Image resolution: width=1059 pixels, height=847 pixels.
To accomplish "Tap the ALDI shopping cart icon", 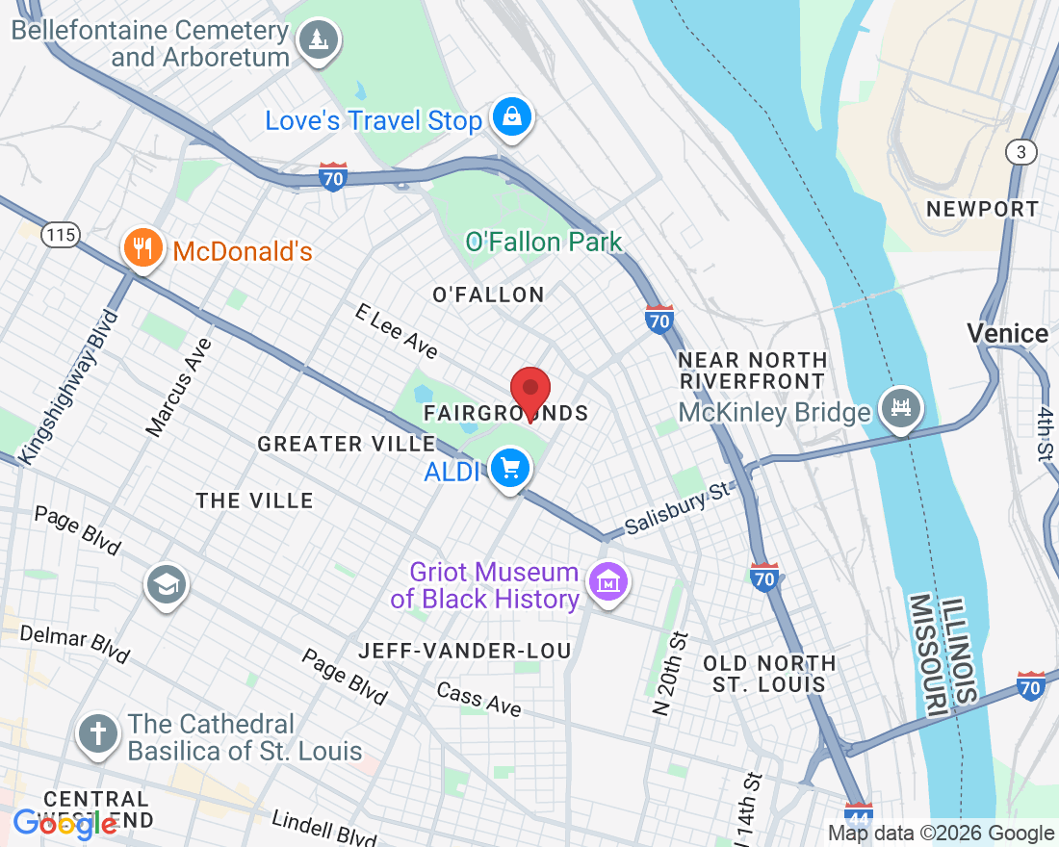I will pos(510,470).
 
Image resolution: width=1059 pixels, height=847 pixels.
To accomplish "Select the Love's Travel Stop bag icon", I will pos(512,117).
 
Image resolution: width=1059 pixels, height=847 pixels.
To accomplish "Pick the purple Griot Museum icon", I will pos(607,582).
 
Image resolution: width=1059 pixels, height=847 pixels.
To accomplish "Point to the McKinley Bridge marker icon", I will pos(902,408).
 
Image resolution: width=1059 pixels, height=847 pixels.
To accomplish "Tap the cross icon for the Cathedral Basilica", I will pos(98,734).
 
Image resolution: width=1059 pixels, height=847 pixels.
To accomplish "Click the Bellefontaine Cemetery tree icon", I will pos(317,40).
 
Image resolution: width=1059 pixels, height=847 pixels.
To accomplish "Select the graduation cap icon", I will pos(167,583).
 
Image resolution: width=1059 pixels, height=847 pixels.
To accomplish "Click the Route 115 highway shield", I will pos(60,234).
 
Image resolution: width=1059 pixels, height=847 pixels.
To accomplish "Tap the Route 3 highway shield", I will pos(1020,152).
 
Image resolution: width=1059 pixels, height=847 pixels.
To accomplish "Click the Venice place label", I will pos(1007,334).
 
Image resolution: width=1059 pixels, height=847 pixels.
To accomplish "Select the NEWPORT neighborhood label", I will pos(982,209).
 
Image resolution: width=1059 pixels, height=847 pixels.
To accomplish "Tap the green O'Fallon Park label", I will pos(544,242).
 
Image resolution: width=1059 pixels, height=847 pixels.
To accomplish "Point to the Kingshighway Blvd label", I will pos(70,386).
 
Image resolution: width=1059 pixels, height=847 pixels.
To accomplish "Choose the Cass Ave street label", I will pos(478,699).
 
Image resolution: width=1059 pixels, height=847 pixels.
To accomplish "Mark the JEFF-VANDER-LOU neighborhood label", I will pos(465,651).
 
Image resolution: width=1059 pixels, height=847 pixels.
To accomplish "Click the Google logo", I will pos(65,823).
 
